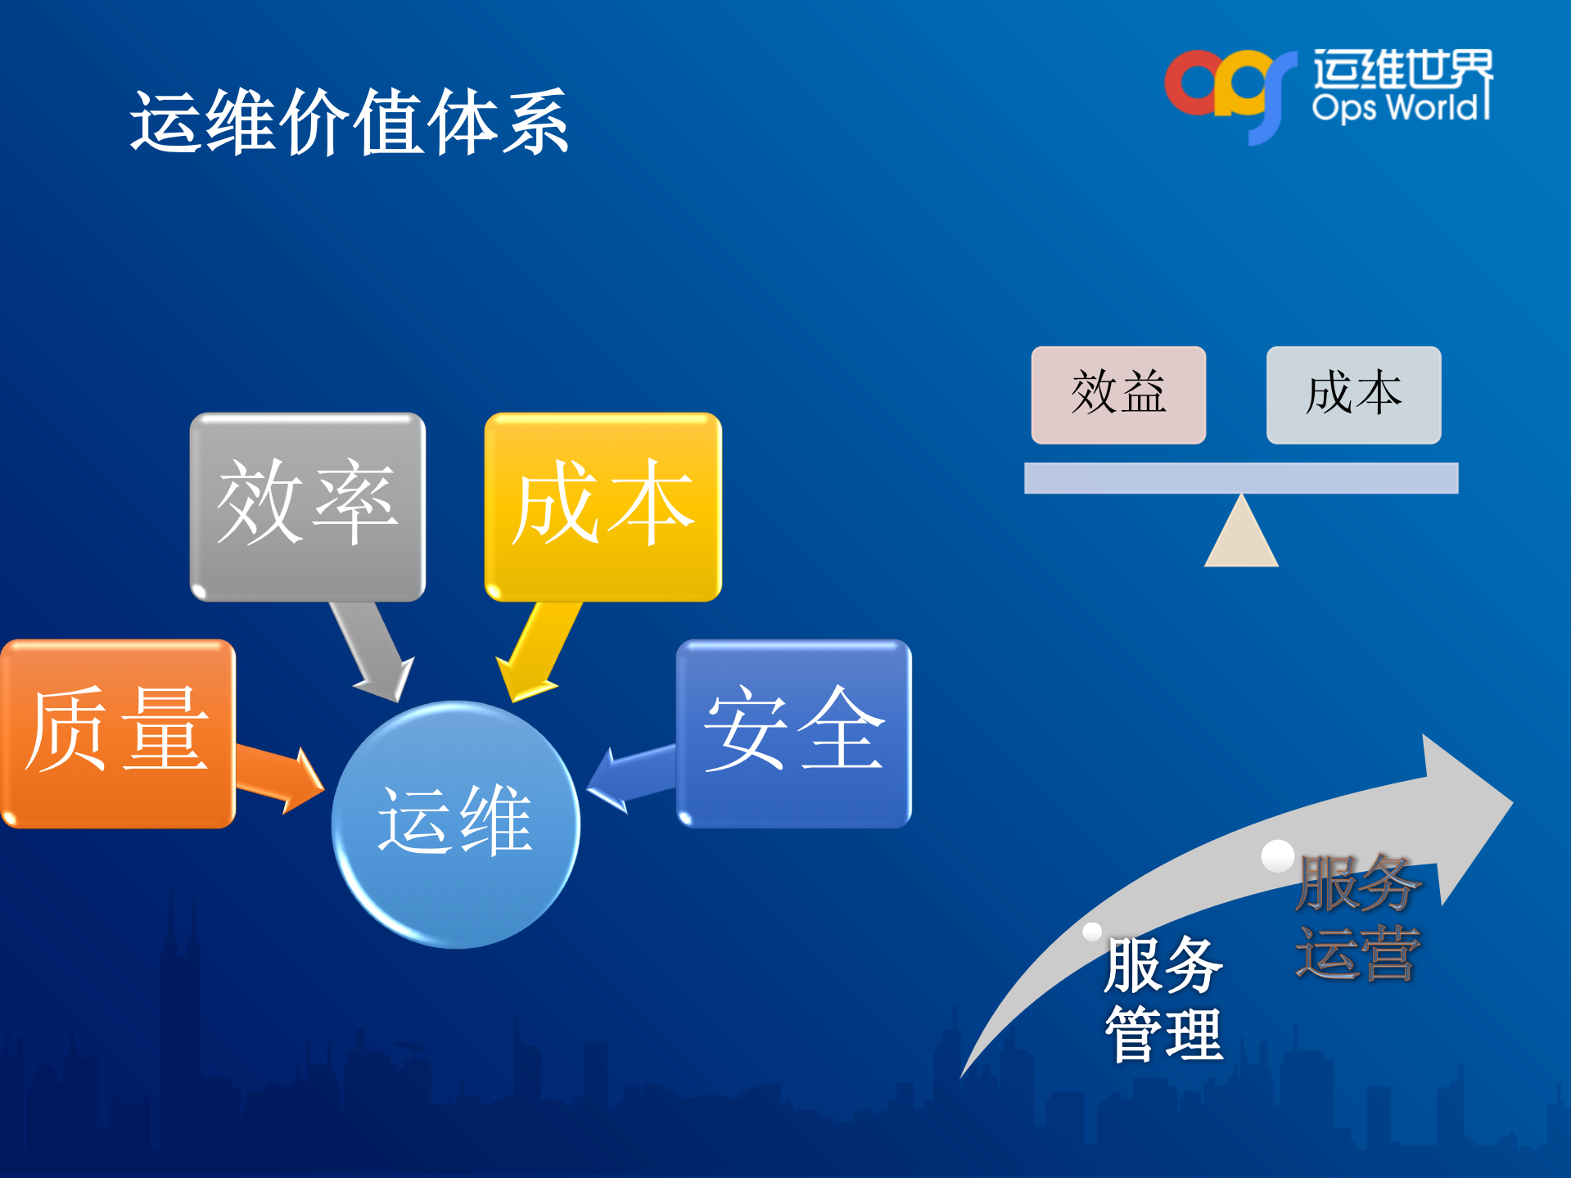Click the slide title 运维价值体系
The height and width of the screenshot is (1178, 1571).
[350, 123]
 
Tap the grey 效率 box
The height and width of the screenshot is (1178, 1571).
[307, 506]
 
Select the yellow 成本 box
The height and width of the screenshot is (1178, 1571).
[603, 506]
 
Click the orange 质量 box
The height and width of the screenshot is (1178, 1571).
[118, 733]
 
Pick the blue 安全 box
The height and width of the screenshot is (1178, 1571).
[793, 733]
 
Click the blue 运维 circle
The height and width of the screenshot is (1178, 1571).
[455, 824]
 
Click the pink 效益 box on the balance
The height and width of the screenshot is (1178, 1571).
[1117, 395]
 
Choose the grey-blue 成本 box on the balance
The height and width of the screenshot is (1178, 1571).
[1353, 395]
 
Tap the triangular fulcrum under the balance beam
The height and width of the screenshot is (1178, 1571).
[1241, 536]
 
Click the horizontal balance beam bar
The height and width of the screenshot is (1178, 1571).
[1240, 478]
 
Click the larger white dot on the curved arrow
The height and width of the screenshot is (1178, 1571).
[1277, 855]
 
